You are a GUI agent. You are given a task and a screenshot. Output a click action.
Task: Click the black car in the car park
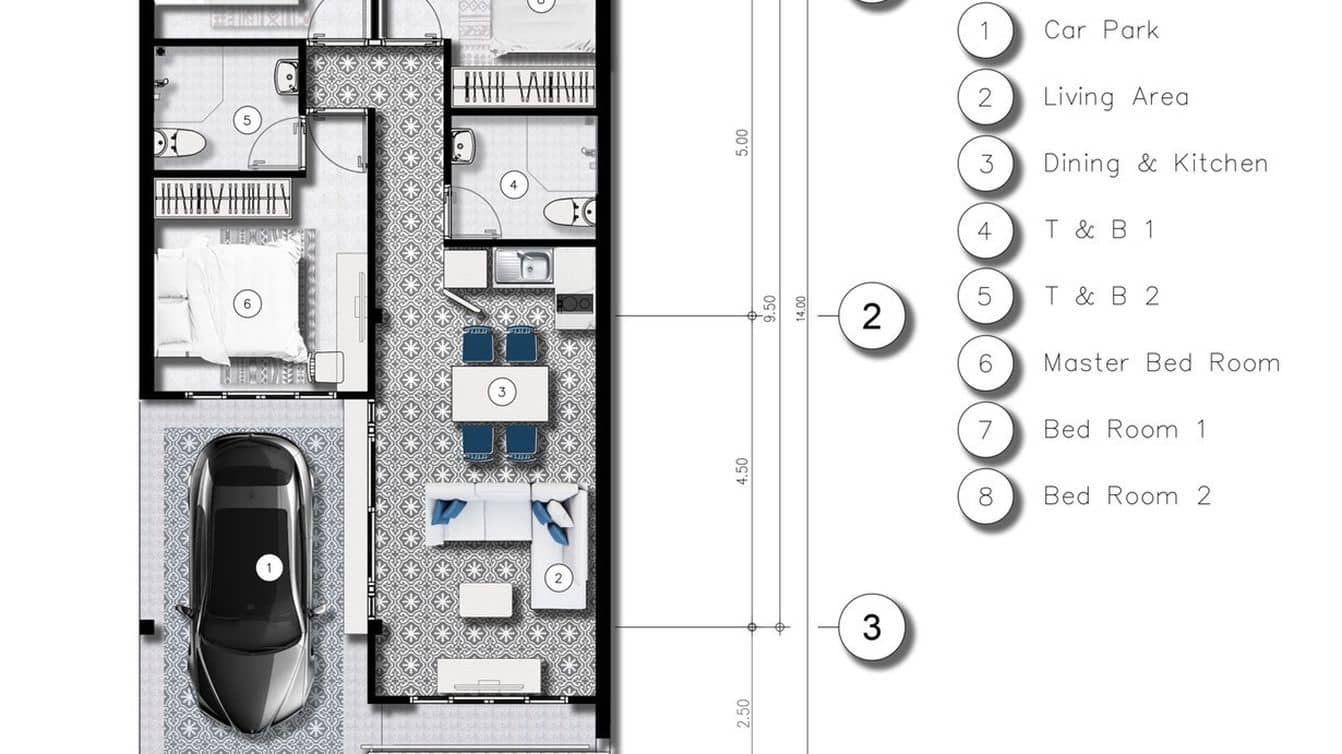pos(251,584)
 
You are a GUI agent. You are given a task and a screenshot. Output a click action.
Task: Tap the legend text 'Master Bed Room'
pos(1162,363)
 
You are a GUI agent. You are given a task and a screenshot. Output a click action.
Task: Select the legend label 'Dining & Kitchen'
pos(1156,163)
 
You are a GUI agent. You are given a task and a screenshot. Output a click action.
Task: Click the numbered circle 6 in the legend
pos(986,363)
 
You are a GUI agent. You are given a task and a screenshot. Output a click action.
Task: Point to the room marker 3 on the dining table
pos(501,392)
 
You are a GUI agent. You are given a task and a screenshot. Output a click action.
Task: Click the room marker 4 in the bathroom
pos(513,185)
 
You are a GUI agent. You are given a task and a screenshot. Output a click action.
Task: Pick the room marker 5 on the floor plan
pos(247,120)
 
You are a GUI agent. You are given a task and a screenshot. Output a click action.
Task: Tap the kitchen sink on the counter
pos(524,266)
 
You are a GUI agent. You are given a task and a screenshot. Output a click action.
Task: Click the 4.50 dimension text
pos(742,471)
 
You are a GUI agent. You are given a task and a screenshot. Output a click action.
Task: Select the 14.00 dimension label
pos(801,309)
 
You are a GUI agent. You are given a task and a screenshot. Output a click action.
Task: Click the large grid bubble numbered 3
pos(872,627)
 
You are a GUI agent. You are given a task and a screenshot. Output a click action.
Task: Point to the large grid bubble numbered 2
pos(872,316)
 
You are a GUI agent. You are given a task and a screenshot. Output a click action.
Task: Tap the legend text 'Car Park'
pos(1101,30)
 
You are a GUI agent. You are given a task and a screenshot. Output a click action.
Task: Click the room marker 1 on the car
pos(269,567)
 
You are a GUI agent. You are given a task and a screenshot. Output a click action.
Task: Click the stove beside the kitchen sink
pos(575,302)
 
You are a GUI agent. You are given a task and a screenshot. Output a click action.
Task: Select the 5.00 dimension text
pos(742,143)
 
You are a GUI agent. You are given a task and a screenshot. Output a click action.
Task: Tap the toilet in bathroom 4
pos(570,211)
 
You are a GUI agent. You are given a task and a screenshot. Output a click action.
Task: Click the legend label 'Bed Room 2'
pos(1127,496)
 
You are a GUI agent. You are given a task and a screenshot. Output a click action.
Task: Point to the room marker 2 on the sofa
pos(558,578)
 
